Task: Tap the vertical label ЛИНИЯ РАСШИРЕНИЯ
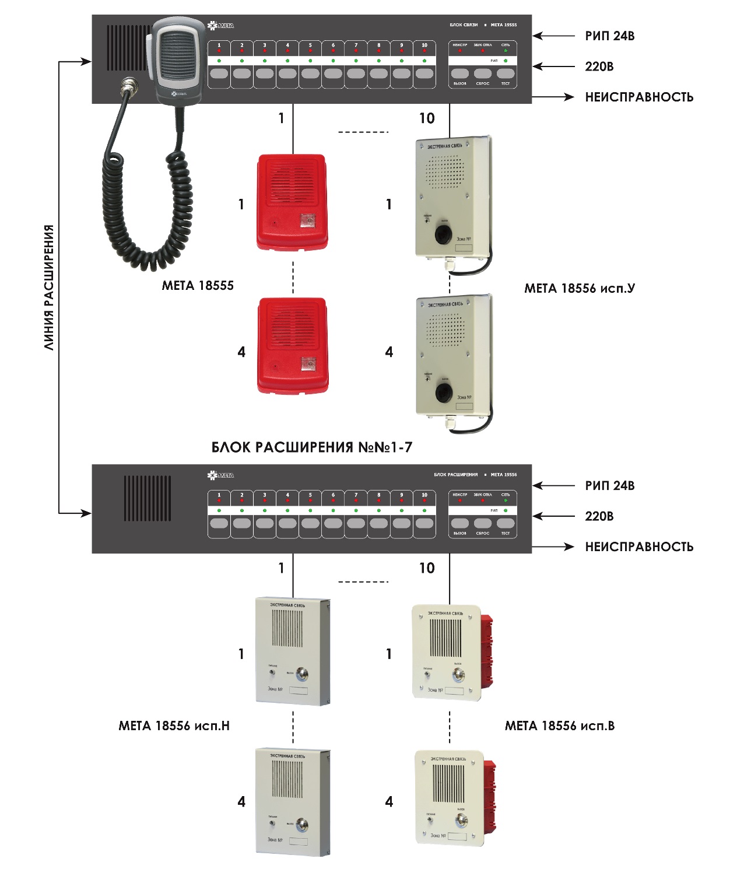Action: tap(50, 287)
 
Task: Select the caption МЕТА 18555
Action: tap(198, 285)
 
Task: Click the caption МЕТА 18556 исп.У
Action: tap(579, 288)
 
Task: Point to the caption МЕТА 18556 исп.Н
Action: tap(174, 726)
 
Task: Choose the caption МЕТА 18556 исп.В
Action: tap(559, 726)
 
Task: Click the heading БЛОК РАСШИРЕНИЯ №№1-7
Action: tap(311, 447)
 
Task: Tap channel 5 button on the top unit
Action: tap(310, 73)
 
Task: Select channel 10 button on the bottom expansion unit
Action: tap(424, 523)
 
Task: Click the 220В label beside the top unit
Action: tap(599, 66)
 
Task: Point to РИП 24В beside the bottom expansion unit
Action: tap(609, 485)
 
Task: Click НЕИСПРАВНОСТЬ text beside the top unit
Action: tap(639, 97)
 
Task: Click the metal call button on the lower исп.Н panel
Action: tap(302, 825)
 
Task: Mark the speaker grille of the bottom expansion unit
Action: tap(148, 497)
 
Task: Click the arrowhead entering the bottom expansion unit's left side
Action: tap(86, 513)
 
